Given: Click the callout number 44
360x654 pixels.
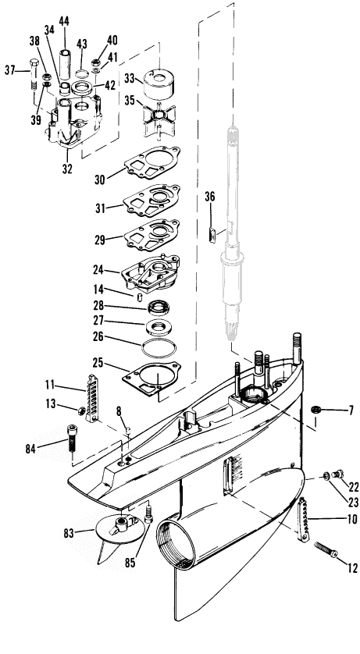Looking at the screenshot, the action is coord(64,21).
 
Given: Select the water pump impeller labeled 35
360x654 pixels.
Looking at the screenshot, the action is coord(159,120).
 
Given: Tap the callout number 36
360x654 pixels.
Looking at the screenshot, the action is coord(210,197).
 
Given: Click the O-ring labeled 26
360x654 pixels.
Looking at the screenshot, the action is coord(159,348).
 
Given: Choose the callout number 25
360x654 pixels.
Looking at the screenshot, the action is coord(98,362).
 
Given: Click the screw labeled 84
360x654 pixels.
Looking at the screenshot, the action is coord(71,437).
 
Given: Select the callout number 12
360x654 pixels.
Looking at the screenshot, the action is coord(352,567).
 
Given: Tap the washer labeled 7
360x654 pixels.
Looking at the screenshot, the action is coord(315,410).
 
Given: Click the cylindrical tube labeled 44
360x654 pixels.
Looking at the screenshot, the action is coord(65,64).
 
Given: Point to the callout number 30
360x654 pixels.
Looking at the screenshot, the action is coord(100,179).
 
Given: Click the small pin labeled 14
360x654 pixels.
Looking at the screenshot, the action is coord(140,297).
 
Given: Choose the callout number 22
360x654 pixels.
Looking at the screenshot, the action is coord(354,487).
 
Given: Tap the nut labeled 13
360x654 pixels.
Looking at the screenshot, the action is coord(81,411).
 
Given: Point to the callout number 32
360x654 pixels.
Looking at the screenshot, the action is coord(67,169).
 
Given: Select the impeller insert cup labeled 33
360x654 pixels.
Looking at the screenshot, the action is coord(159,83).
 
